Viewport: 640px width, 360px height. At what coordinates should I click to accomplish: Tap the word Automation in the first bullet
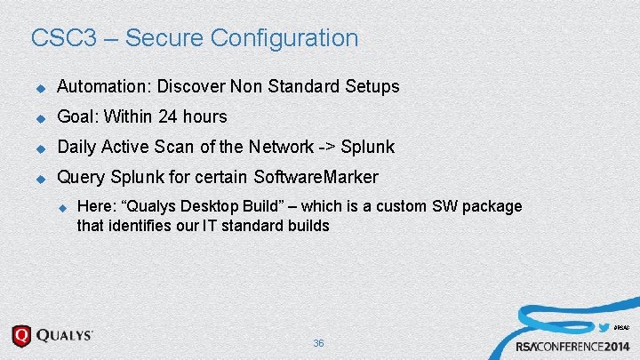click(101, 87)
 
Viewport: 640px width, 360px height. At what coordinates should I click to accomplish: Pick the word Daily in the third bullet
click(76, 147)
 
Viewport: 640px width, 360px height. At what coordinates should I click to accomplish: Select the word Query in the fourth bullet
click(80, 176)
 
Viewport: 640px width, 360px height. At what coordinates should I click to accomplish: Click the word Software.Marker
click(316, 176)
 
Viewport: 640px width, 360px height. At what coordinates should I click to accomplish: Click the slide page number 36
click(318, 343)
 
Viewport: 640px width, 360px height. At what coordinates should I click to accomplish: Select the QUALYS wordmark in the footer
click(63, 336)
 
